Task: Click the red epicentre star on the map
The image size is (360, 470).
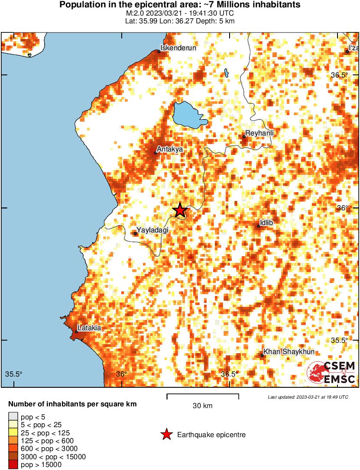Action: pos(180,210)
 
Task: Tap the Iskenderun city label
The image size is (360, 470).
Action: pos(178,48)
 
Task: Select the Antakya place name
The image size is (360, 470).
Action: pos(170,149)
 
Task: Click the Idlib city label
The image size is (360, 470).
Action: pos(266,222)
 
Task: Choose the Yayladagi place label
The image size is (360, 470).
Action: pos(152,230)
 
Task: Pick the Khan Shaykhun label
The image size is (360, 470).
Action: pos(289,352)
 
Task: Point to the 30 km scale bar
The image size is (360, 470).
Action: pos(203,395)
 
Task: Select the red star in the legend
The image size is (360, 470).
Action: pos(166,435)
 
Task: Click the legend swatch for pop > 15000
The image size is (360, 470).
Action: pos(13,465)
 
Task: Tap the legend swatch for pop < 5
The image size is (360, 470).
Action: pos(13,417)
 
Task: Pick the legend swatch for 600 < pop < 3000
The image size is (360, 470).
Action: pos(13,449)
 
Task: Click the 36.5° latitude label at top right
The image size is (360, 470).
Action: pos(339,75)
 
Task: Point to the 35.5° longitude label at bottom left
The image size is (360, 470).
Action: pos(14,374)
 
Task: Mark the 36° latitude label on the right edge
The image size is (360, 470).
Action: pos(342,208)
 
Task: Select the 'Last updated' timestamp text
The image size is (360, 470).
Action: pos(308,397)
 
